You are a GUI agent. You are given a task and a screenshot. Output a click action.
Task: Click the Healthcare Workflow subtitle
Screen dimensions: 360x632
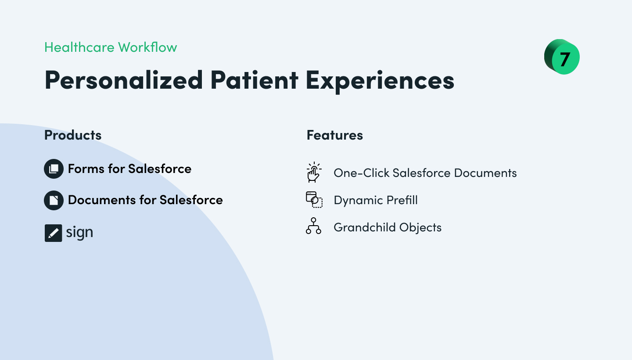(111, 47)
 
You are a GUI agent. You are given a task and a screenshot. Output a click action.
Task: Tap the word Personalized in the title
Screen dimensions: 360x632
(123, 80)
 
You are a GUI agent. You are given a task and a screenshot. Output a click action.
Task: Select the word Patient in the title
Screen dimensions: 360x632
(254, 80)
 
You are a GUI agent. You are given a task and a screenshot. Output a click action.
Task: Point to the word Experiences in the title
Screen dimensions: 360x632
(380, 80)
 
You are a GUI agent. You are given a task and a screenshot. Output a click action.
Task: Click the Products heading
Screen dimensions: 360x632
(73, 135)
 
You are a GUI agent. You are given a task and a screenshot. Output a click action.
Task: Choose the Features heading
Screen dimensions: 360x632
(334, 135)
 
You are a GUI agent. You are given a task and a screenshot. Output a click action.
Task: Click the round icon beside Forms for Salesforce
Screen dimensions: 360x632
(54, 169)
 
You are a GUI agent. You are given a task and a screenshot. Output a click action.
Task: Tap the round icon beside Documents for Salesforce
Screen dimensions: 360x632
(54, 200)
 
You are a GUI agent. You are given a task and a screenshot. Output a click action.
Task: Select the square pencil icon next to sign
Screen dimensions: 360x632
(53, 233)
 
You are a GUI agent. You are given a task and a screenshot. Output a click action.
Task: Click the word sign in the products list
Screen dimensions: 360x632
(79, 233)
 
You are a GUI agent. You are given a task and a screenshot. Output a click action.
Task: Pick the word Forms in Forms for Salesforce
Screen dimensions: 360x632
(86, 169)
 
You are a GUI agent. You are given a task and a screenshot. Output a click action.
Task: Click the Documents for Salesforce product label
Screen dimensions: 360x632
(145, 200)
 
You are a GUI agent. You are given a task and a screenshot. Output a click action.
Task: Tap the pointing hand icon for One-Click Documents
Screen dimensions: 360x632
(313, 172)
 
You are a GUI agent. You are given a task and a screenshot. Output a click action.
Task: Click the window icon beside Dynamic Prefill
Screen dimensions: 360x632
(314, 200)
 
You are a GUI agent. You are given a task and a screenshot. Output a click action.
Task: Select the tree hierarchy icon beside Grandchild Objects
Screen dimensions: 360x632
(313, 226)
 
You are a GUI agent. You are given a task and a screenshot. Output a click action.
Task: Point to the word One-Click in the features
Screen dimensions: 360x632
(361, 173)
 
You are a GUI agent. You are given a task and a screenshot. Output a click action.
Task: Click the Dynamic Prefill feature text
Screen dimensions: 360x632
(375, 200)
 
